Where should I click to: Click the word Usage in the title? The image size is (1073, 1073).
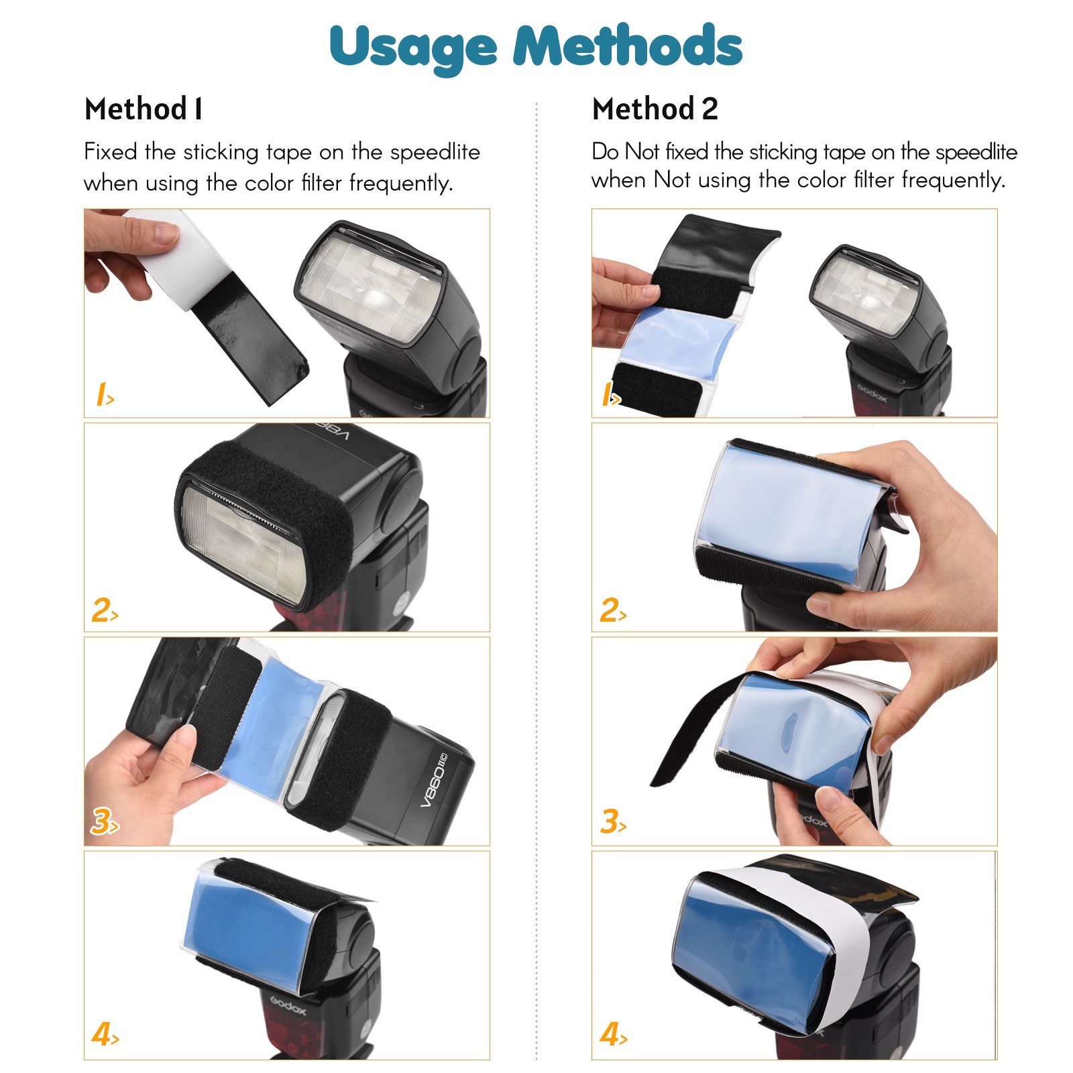(x=413, y=46)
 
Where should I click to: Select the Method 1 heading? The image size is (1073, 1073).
(x=143, y=109)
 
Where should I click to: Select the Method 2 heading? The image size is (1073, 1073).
(x=655, y=109)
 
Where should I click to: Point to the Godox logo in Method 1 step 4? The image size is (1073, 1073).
(x=288, y=1006)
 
